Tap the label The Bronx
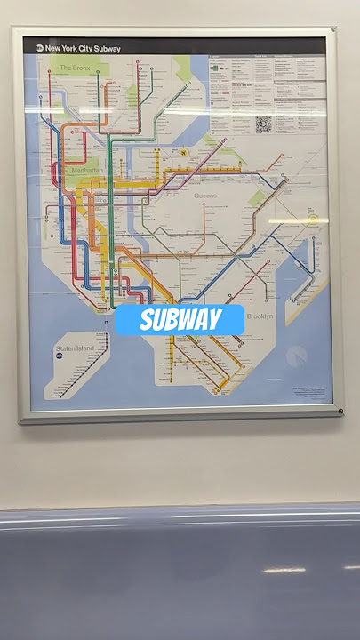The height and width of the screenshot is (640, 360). coord(76,68)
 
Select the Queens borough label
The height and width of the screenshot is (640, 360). coord(204,196)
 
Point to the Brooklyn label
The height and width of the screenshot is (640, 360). coord(260,316)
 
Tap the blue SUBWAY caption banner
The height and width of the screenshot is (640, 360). coord(180,320)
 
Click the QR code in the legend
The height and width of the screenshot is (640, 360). coord(263,124)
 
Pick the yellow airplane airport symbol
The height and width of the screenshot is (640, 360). coord(182,153)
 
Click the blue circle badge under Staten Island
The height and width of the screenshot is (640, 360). coord(60,354)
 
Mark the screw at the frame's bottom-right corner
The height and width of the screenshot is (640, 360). coord(340,411)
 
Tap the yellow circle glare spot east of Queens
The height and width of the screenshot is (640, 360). coord(313,220)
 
